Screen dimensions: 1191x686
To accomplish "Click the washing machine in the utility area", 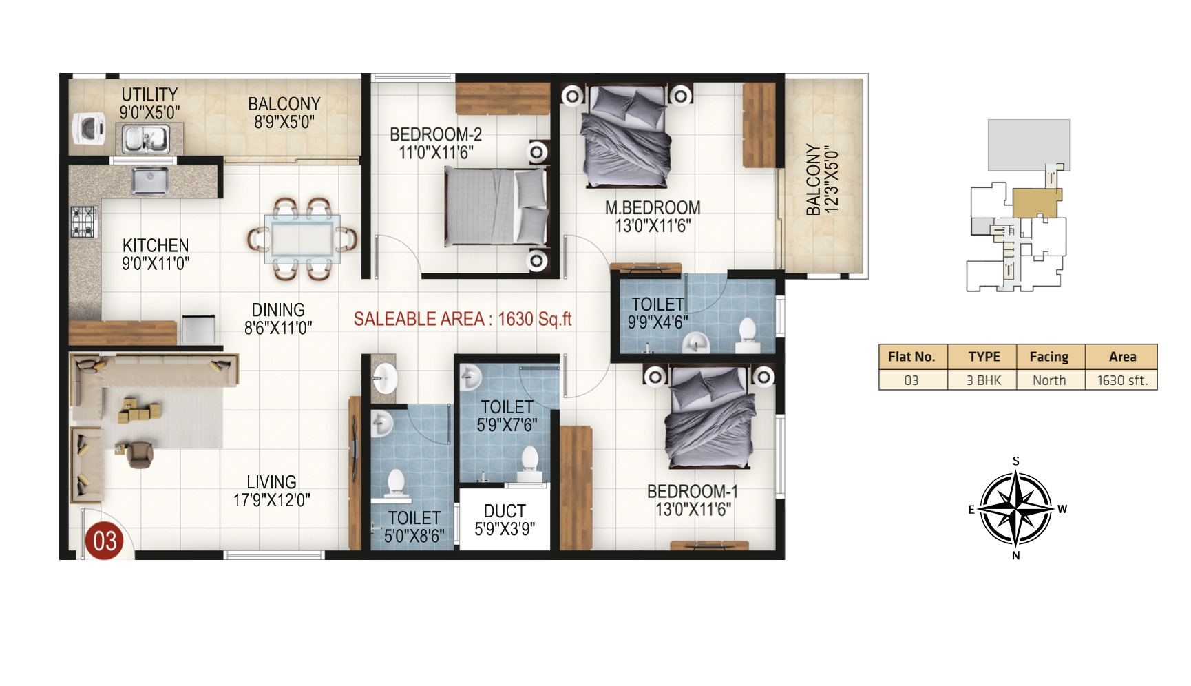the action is [x=89, y=128].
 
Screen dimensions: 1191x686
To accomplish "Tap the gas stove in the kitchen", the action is [x=83, y=222].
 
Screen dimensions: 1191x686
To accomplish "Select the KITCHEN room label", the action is [x=156, y=245].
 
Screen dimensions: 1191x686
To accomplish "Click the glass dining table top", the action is [x=302, y=238].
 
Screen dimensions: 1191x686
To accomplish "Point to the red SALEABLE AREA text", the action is [x=463, y=319].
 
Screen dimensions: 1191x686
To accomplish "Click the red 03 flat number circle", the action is [x=104, y=541].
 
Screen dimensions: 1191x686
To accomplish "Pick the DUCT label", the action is [x=505, y=511].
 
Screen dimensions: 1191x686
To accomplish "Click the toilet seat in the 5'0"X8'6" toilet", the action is [x=396, y=484].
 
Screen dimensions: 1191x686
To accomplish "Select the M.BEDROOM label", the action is [x=653, y=207].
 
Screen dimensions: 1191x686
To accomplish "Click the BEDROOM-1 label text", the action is [x=693, y=491].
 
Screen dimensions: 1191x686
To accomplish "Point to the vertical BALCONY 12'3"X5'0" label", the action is [x=822, y=179].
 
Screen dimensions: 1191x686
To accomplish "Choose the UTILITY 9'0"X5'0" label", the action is [x=149, y=103].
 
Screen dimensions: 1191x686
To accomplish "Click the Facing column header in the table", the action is [x=1049, y=357].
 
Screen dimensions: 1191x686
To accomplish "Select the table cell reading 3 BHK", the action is [x=984, y=380].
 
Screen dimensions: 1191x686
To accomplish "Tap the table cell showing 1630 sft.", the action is [x=1122, y=380].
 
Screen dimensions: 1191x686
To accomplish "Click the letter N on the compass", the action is [x=1016, y=555].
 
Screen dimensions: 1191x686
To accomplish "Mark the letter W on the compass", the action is [x=1062, y=509].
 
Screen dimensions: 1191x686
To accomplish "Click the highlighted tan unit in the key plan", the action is [x=1036, y=202].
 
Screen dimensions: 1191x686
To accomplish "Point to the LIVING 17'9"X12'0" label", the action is [x=272, y=491].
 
